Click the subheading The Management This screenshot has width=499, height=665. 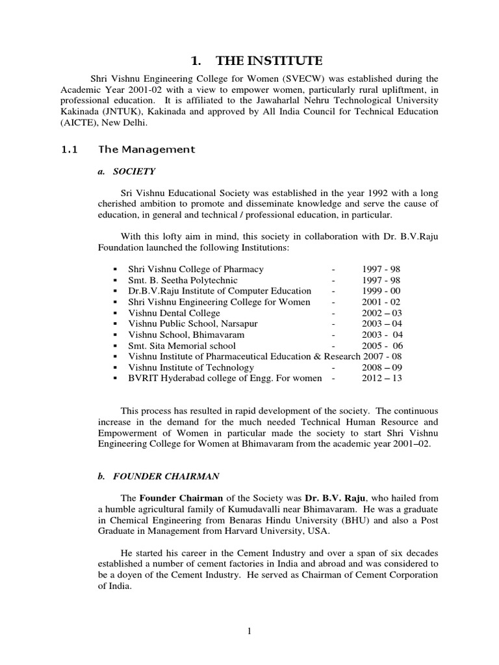pyautogui.click(x=146, y=149)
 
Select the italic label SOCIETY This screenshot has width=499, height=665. pyautogui.click(x=134, y=171)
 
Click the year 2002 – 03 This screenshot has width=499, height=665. pyautogui.click(x=382, y=312)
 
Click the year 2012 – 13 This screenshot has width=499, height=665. pyautogui.click(x=382, y=378)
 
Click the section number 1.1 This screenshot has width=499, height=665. pyautogui.click(x=69, y=149)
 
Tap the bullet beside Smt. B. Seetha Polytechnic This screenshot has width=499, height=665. pyautogui.click(x=114, y=280)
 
